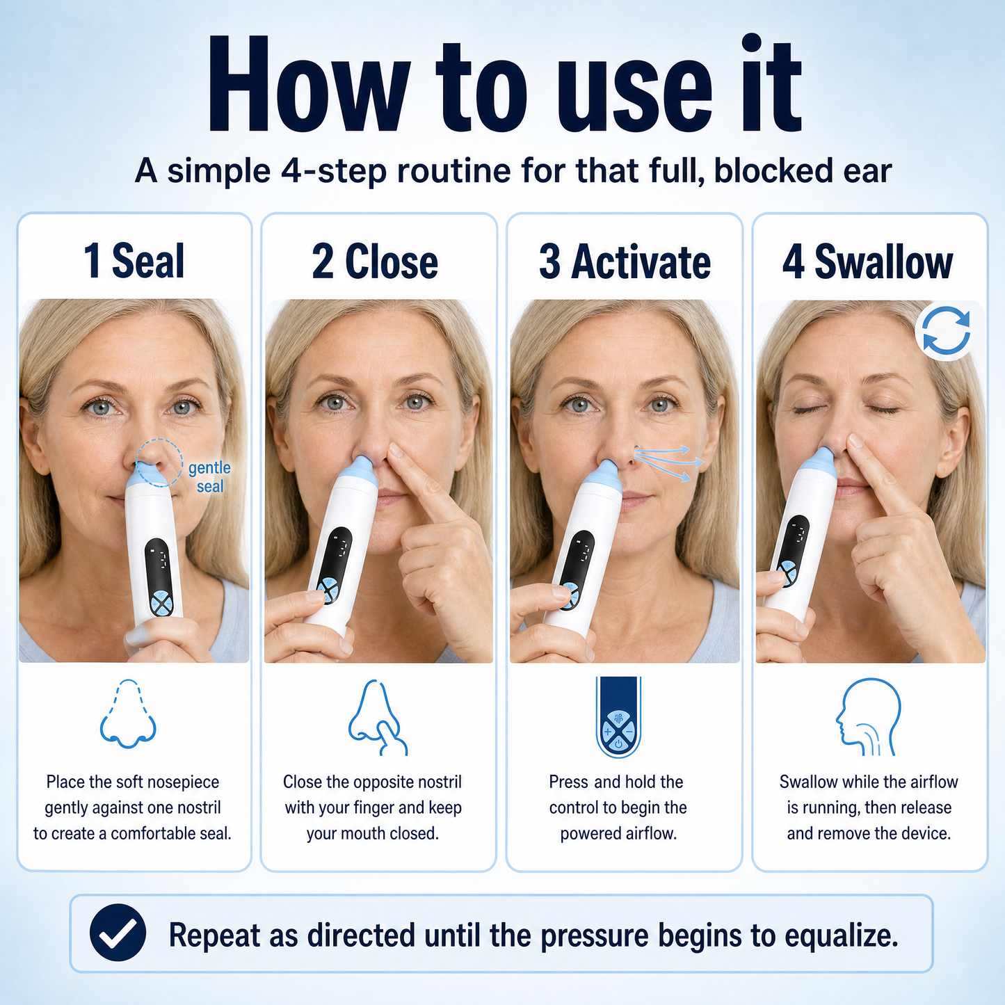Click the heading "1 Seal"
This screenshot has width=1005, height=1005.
[134, 261]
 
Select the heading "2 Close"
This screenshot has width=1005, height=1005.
[375, 261]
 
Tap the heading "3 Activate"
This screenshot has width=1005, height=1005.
[625, 261]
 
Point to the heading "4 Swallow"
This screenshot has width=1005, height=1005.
[868, 261]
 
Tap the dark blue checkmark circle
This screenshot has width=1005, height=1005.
[118, 933]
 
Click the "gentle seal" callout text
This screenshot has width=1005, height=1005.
[209, 476]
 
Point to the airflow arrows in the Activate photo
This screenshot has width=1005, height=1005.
[669, 462]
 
